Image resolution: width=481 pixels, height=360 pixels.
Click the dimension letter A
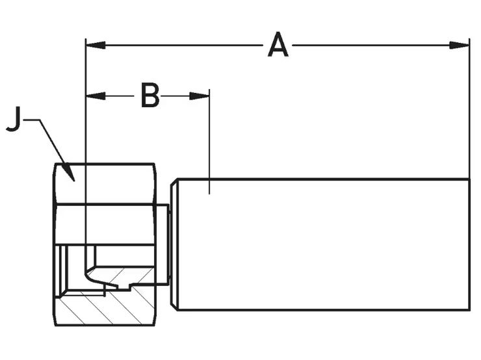tap(278, 45)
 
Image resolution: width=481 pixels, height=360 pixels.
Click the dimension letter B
tap(149, 96)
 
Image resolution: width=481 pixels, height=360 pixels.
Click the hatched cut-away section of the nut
tap(97, 305)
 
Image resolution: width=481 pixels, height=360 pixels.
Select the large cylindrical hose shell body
tap(325, 244)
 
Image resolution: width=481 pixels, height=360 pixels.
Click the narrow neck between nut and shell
tap(162, 244)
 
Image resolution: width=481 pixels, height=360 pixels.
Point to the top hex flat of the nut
tap(104, 184)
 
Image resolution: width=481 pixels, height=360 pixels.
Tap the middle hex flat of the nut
tap(104, 224)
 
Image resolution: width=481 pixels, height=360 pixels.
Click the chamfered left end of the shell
tap(174, 244)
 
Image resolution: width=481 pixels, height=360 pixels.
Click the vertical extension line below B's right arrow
tap(209, 143)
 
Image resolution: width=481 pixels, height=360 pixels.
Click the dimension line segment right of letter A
tap(370, 45)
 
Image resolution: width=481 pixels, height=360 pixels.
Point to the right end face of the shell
tap(469, 244)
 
